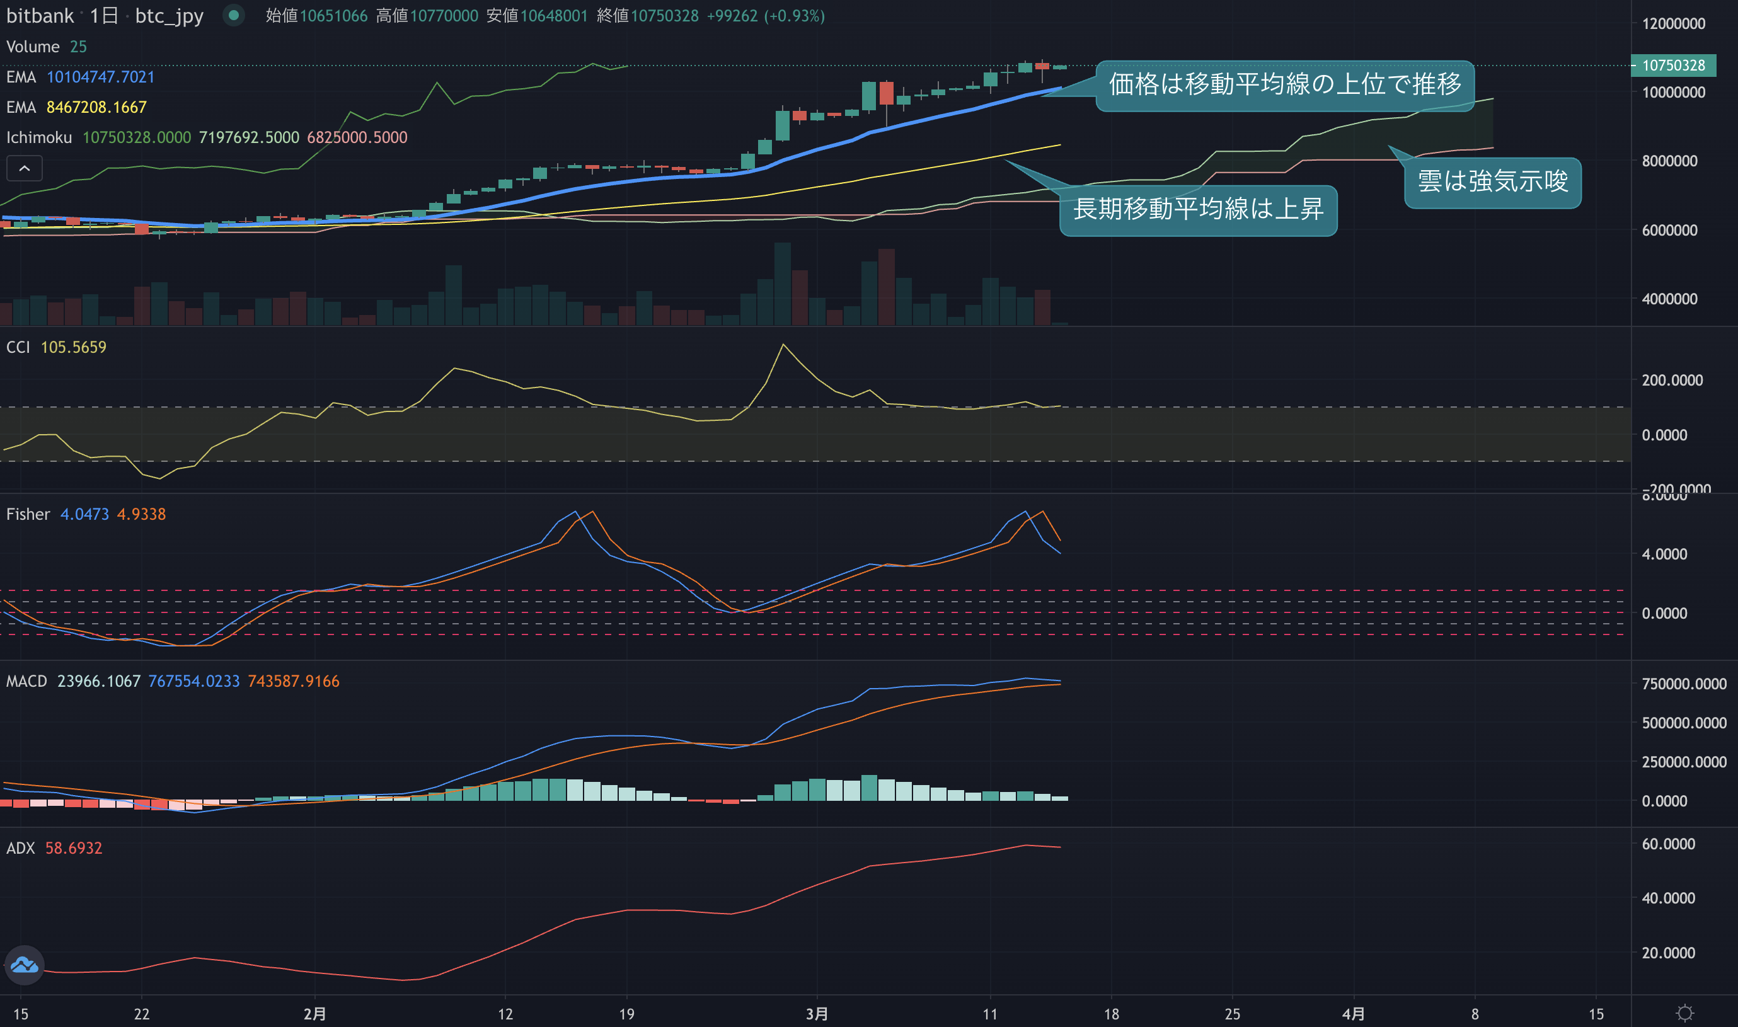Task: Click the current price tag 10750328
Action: click(1673, 65)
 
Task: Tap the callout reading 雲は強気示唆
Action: click(1492, 182)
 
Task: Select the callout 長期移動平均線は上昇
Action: click(1198, 210)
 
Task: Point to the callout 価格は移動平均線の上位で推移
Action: click(1285, 85)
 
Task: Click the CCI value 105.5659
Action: click(73, 347)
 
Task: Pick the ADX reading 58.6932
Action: click(73, 848)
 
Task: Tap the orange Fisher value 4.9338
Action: click(141, 514)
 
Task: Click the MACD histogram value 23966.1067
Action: click(98, 681)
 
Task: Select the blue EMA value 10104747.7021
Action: click(100, 77)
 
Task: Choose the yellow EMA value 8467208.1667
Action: click(96, 107)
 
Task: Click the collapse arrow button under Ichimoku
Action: click(24, 168)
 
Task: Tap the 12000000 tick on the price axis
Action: click(1674, 23)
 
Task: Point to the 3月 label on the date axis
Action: click(817, 1014)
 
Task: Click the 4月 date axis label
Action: click(1353, 1014)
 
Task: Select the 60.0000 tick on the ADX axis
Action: click(1668, 844)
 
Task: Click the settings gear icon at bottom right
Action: click(1684, 1014)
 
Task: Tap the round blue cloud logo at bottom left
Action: click(24, 965)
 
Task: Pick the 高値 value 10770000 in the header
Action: click(444, 15)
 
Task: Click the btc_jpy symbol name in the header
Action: click(169, 15)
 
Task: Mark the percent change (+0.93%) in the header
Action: click(795, 15)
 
